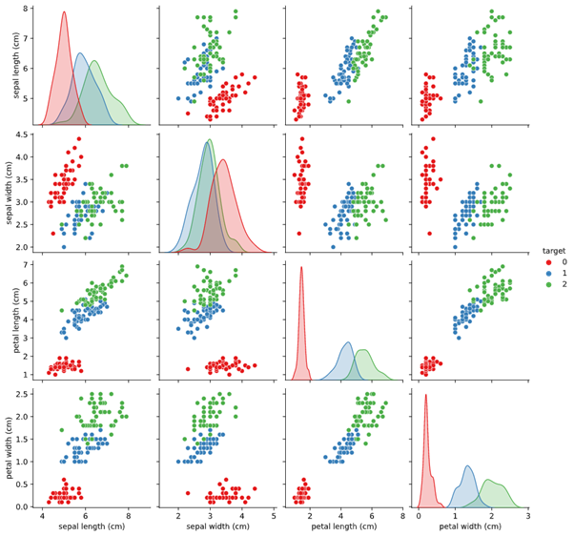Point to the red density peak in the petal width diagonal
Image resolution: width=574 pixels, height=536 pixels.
pyautogui.click(x=425, y=396)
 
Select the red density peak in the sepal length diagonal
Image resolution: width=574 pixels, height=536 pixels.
pyautogui.click(x=64, y=12)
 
